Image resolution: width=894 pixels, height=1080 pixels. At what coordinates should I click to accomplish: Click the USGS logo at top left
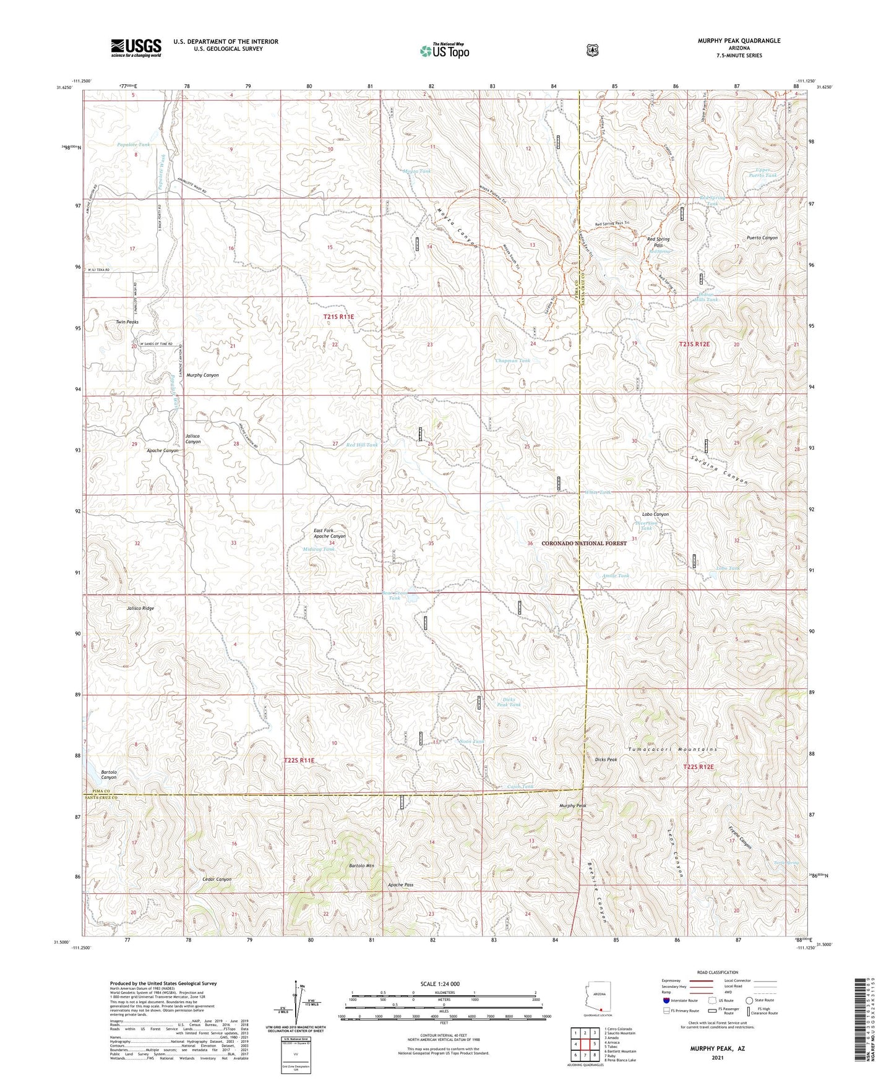tap(136, 47)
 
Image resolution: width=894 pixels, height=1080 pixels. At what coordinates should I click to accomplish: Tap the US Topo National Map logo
tap(444, 51)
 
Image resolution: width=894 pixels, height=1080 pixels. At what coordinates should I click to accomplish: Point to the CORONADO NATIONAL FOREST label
tap(584, 543)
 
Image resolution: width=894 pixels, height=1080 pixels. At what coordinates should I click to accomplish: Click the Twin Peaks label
tap(127, 322)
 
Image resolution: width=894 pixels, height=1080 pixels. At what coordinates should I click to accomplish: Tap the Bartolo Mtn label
tap(361, 865)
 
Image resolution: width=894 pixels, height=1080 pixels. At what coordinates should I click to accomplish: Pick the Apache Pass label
tap(400, 885)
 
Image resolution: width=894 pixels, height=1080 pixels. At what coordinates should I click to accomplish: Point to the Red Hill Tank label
tap(362, 445)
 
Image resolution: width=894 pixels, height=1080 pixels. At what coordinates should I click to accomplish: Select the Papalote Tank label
tap(133, 145)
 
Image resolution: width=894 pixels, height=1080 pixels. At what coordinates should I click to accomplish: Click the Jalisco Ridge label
tap(140, 608)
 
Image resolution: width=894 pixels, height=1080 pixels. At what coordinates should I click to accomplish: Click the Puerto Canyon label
tap(762, 238)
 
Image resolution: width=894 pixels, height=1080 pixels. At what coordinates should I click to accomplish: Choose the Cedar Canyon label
tap(217, 879)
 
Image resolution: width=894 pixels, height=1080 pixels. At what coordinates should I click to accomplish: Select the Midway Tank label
tap(319, 549)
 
